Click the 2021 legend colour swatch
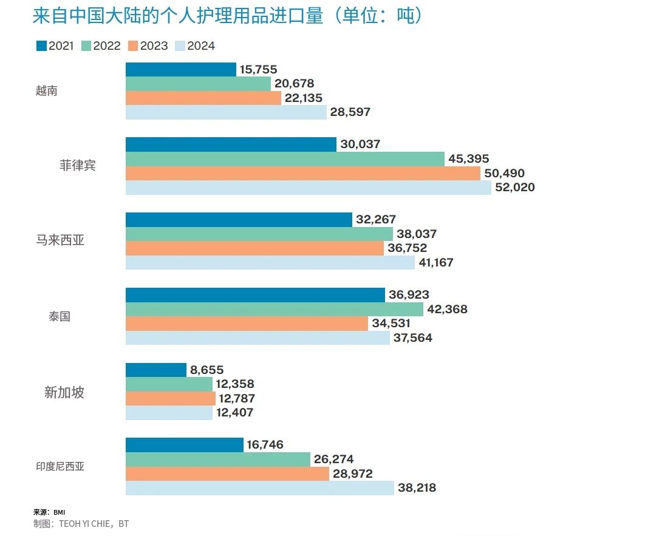41,46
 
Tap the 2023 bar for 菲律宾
303,174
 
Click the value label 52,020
515,188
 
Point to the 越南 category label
46,92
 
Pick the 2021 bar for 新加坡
155,370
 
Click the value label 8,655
206,370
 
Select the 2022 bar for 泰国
274,310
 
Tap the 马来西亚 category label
60,240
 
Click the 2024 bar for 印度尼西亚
259,487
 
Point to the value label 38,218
417,487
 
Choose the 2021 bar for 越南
180,70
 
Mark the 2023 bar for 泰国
247,324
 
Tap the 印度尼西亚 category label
60,467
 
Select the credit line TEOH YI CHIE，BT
81,523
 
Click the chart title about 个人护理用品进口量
227,16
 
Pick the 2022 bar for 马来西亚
259,234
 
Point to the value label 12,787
236,399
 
